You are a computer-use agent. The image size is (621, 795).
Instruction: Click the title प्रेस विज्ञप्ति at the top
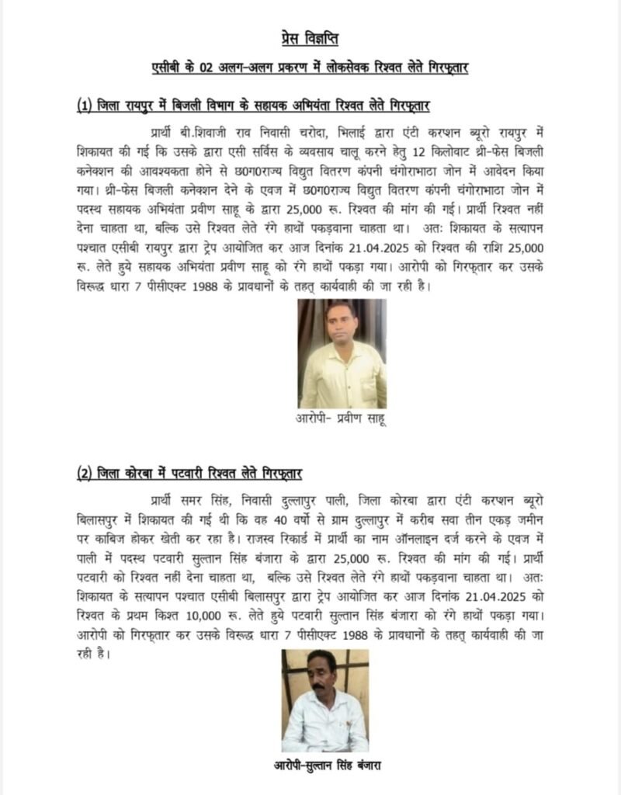pyautogui.click(x=309, y=38)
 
